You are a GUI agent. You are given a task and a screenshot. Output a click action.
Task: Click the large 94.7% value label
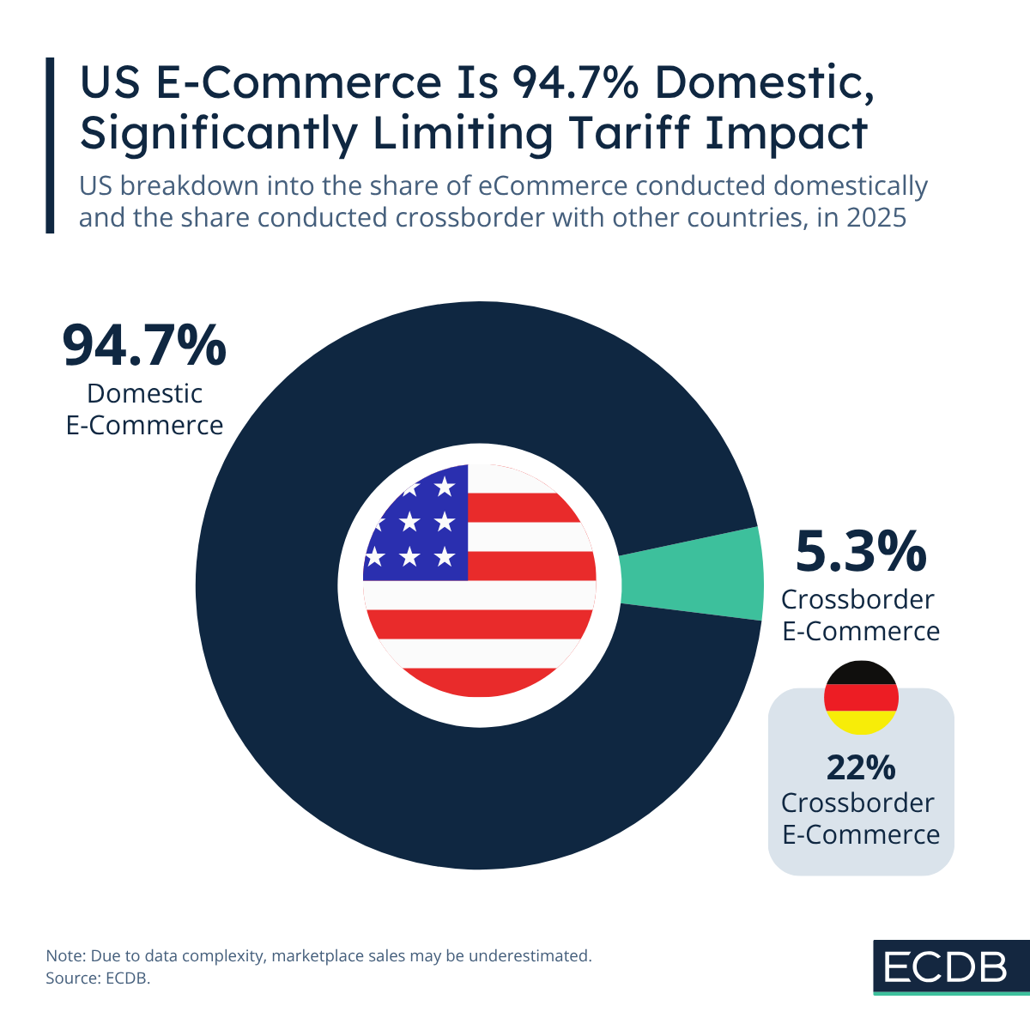[144, 345]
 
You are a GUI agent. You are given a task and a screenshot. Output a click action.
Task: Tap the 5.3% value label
[860, 551]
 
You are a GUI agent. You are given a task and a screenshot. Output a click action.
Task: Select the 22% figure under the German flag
[860, 767]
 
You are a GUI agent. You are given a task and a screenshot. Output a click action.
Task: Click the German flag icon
[861, 697]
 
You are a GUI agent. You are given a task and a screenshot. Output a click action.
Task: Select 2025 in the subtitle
[875, 217]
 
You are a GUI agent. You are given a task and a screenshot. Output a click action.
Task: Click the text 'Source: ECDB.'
[98, 978]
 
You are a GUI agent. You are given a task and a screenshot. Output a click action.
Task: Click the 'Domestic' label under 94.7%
[144, 393]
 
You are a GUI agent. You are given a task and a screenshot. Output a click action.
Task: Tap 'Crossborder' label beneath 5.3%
[857, 599]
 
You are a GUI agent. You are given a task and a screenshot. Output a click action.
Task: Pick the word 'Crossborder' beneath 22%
[857, 803]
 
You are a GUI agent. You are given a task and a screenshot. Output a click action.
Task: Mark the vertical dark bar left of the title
[50, 145]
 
